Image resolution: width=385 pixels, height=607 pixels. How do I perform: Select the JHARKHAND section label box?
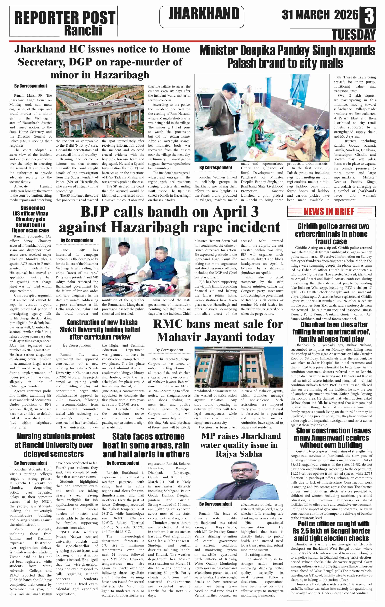[x=202, y=17]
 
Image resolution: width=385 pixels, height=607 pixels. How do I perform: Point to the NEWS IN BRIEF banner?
[x=331, y=211]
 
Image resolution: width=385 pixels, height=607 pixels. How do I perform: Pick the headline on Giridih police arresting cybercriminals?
[x=331, y=234]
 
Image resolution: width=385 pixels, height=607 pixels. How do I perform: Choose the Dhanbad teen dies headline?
[x=331, y=331]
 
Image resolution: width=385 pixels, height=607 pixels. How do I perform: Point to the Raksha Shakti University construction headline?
[x=100, y=330]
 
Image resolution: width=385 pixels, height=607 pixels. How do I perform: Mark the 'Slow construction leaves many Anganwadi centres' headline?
[x=331, y=438]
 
